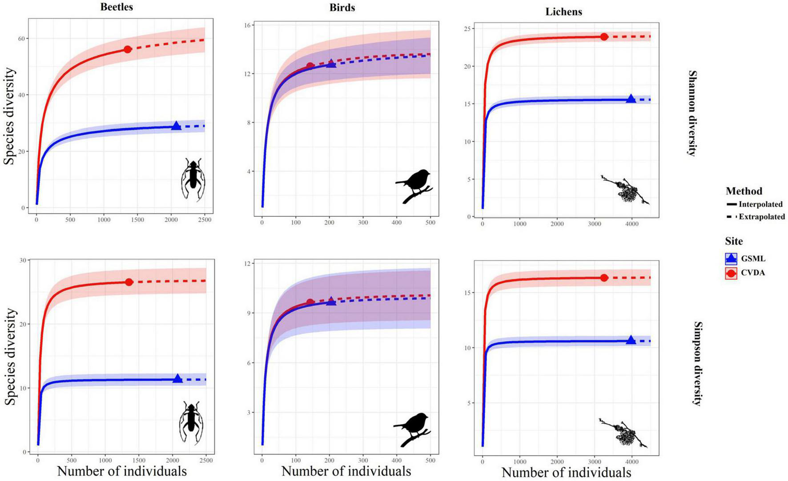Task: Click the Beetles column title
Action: pos(117,7)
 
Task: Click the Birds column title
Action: pos(342,8)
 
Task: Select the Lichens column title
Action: pos(563,12)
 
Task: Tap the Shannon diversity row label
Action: pos(692,113)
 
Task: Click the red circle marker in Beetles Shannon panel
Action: pos(128,49)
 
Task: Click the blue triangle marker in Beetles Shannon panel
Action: pos(176,126)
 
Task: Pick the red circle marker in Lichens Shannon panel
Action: pos(604,37)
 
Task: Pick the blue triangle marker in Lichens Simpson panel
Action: pos(631,340)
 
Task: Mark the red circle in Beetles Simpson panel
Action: pos(129,282)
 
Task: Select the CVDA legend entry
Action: pos(752,273)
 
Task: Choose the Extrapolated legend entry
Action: pos(761,217)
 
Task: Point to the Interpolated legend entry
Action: pos(760,204)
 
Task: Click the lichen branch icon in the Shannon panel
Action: pos(625,190)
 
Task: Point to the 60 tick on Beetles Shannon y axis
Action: pos(21,39)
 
